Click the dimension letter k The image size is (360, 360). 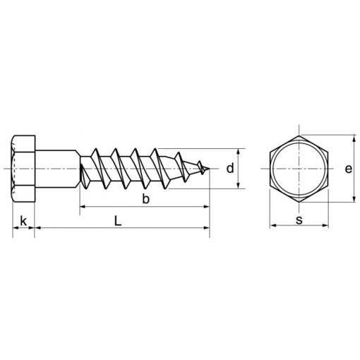(x=23, y=221)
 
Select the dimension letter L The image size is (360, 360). (x=118, y=221)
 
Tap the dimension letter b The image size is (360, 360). (x=146, y=199)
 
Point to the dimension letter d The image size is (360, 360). (x=230, y=168)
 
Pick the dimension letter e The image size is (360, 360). (x=349, y=169)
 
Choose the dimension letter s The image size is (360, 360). (x=299, y=220)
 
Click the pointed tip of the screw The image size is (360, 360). (x=209, y=169)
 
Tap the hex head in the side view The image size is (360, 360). (x=23, y=169)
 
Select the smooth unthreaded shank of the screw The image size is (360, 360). (x=56, y=169)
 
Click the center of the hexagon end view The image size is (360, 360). (x=299, y=169)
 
